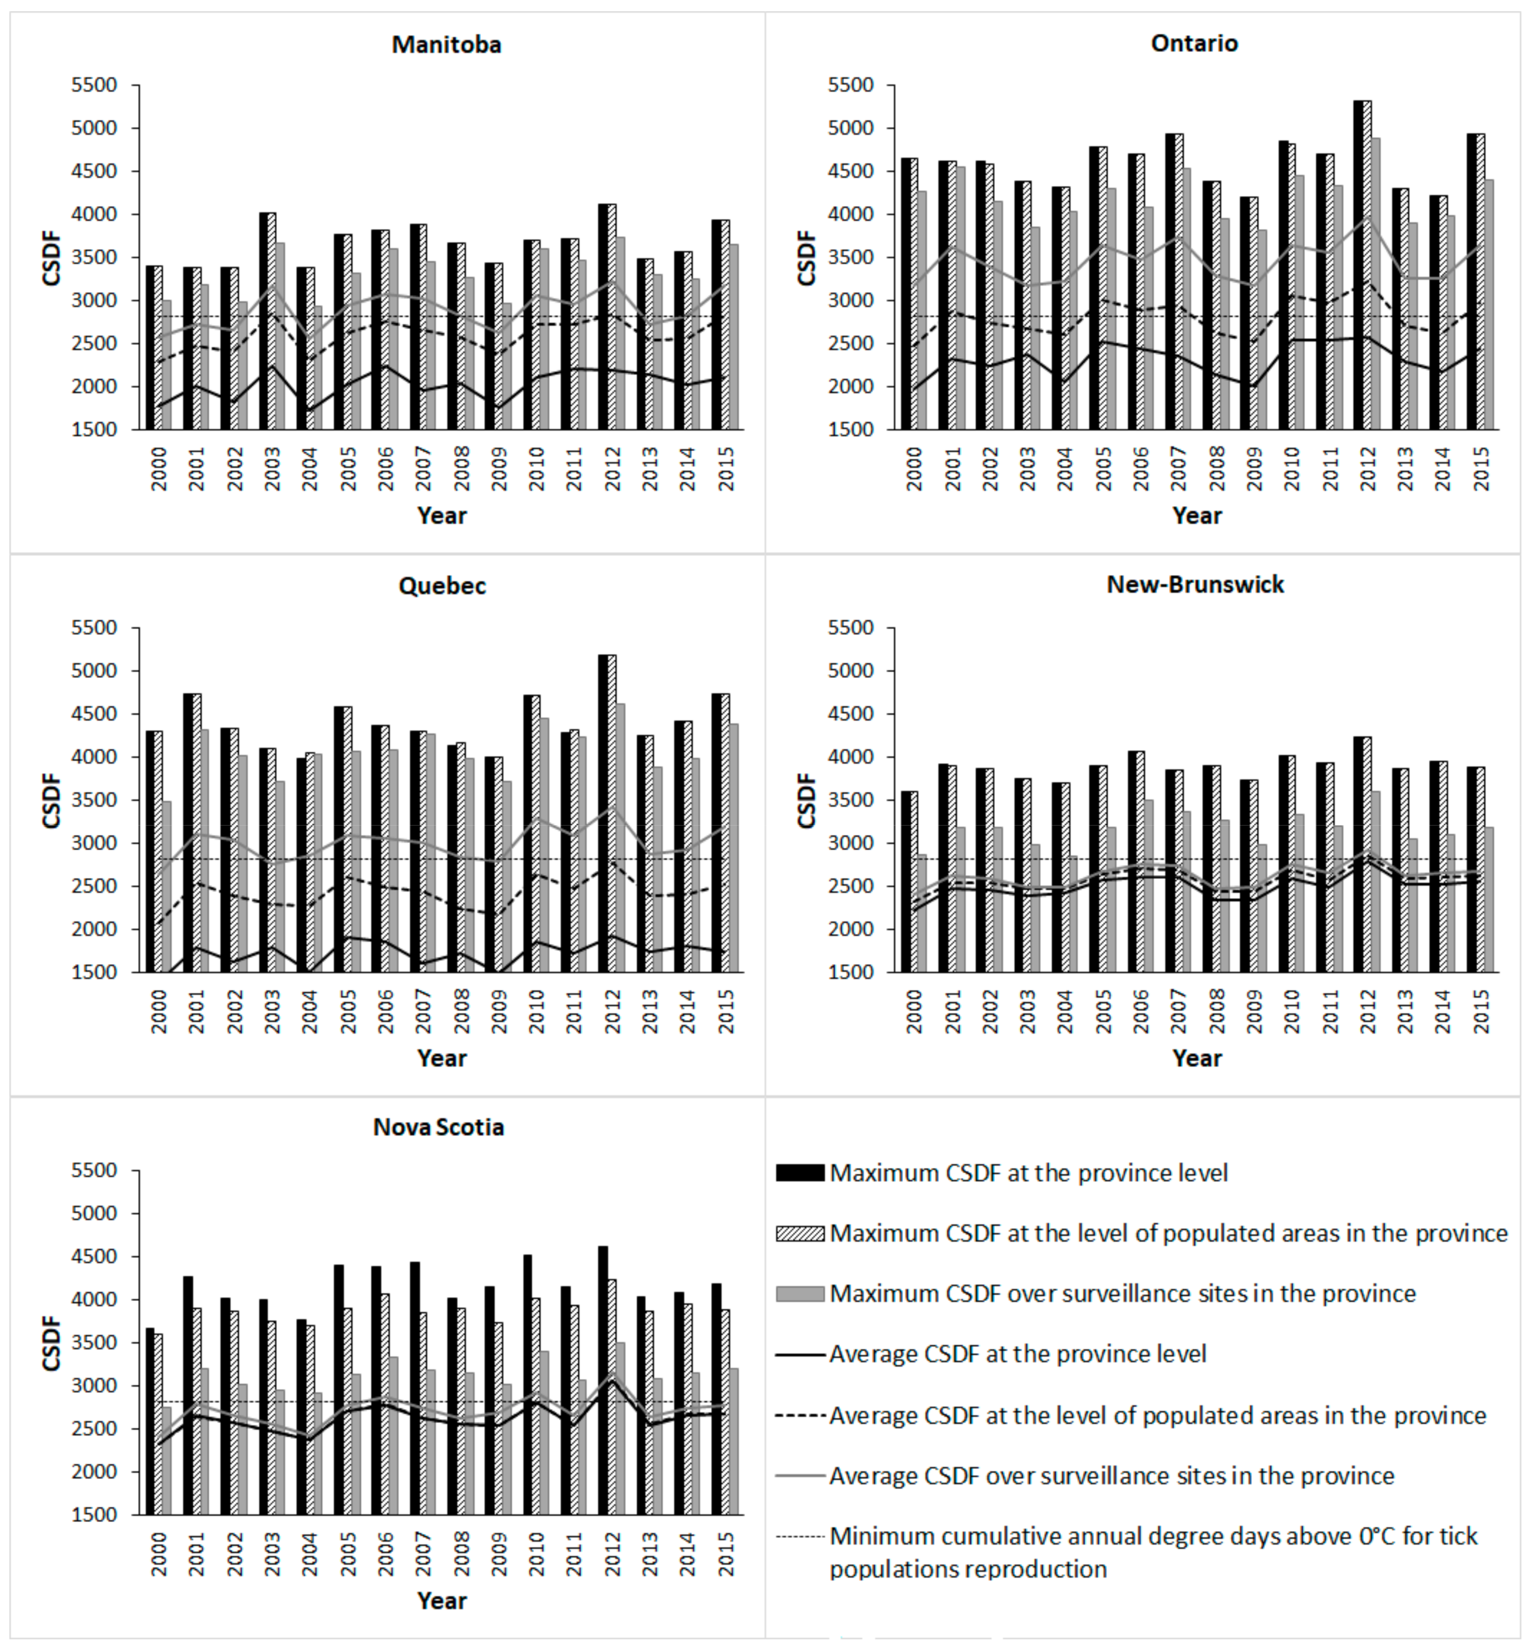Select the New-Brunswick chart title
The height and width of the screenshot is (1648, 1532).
[x=1195, y=585]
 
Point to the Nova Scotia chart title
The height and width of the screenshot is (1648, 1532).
[x=439, y=1127]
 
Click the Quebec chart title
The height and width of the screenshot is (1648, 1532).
[x=442, y=586]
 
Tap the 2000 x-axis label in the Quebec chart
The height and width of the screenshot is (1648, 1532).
[x=158, y=1012]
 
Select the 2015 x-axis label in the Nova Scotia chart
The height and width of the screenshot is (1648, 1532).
[x=726, y=1554]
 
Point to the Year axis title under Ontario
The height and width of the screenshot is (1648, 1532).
[x=1196, y=515]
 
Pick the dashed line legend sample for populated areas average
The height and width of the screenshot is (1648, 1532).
[x=800, y=1415]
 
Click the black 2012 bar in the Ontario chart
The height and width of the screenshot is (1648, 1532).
[x=1359, y=265]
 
